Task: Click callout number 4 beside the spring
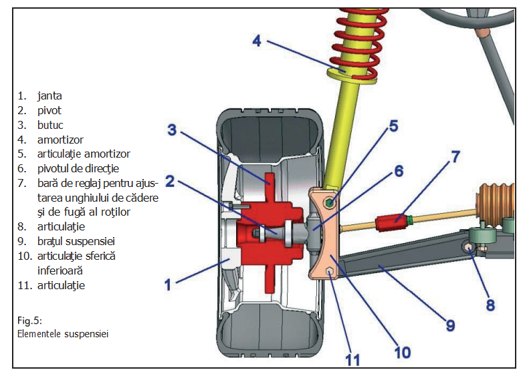257,41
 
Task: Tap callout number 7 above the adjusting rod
455,158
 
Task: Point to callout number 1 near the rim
169,285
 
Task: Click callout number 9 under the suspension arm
450,325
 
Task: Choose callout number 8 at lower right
490,305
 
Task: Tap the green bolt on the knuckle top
330,202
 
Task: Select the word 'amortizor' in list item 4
60,140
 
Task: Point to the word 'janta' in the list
49,96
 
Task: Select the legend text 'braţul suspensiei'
72,241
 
